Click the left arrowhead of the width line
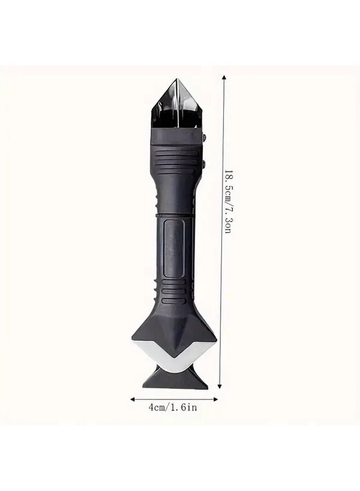[132, 399]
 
